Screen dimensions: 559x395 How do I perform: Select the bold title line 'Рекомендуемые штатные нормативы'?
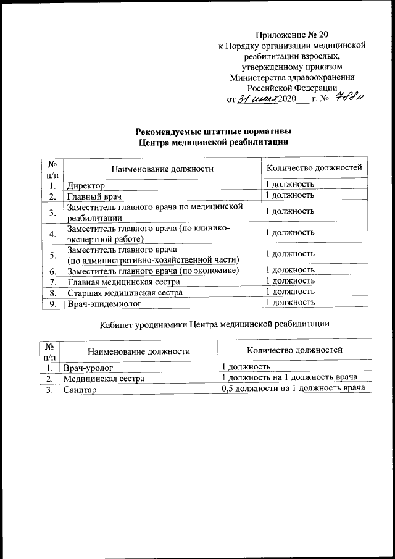pos(214,131)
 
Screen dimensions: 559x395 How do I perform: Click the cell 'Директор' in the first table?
pos(86,185)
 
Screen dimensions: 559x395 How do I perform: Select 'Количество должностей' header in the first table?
pos(314,167)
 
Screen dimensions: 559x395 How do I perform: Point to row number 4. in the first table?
pos(53,233)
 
